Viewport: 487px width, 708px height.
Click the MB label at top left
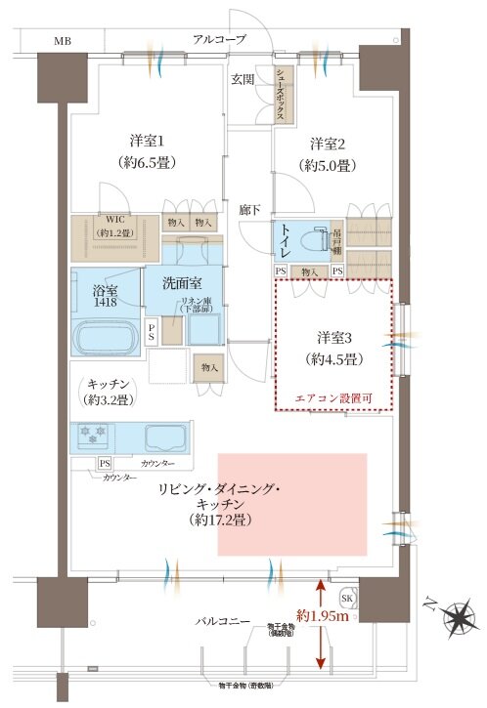click(62, 40)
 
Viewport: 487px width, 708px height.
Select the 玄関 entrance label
click(243, 77)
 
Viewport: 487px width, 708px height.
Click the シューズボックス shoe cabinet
click(280, 94)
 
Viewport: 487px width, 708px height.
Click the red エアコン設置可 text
click(332, 398)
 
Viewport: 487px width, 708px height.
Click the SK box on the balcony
click(347, 598)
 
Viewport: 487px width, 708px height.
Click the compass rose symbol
click(457, 617)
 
